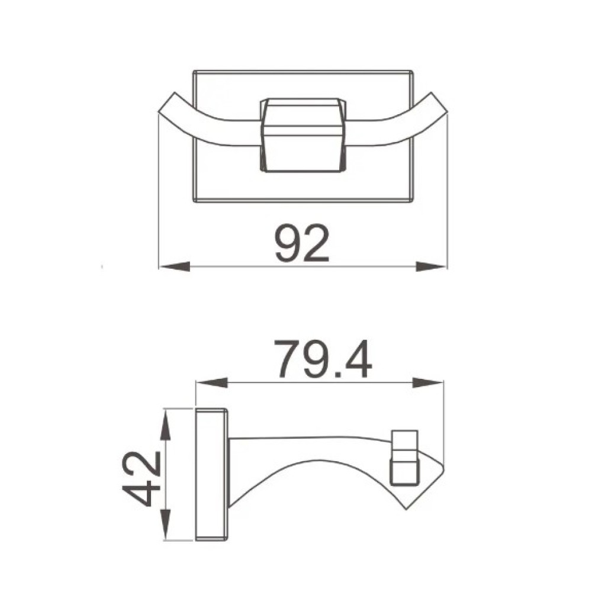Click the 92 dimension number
[x=302, y=243]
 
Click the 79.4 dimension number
[x=323, y=359]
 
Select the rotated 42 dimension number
[x=141, y=479]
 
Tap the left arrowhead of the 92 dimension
[x=175, y=266]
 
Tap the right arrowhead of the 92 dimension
[x=431, y=266]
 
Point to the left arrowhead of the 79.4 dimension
[x=212, y=382]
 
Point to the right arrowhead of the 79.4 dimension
[x=428, y=382]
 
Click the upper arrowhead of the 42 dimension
[x=165, y=425]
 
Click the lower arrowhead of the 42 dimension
[x=165, y=525]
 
